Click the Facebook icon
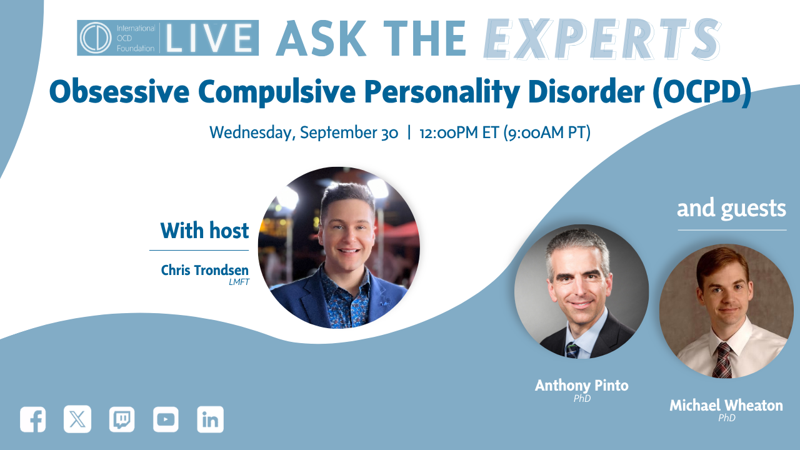click(x=33, y=419)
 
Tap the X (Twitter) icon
click(x=77, y=419)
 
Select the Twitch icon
click(x=122, y=419)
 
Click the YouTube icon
click(x=166, y=419)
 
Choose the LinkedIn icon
click(x=211, y=419)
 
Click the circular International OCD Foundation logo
click(x=96, y=38)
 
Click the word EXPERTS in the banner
click(x=602, y=39)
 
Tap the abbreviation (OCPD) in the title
click(x=702, y=91)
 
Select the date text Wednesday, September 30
click(x=304, y=132)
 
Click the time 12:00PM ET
click(x=459, y=132)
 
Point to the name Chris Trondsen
click(x=204, y=270)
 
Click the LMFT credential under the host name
click(x=239, y=282)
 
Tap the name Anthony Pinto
click(x=581, y=386)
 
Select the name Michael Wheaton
click(x=726, y=406)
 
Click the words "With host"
click(x=204, y=231)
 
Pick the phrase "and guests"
click(x=731, y=208)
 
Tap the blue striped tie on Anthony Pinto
click(x=572, y=351)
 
